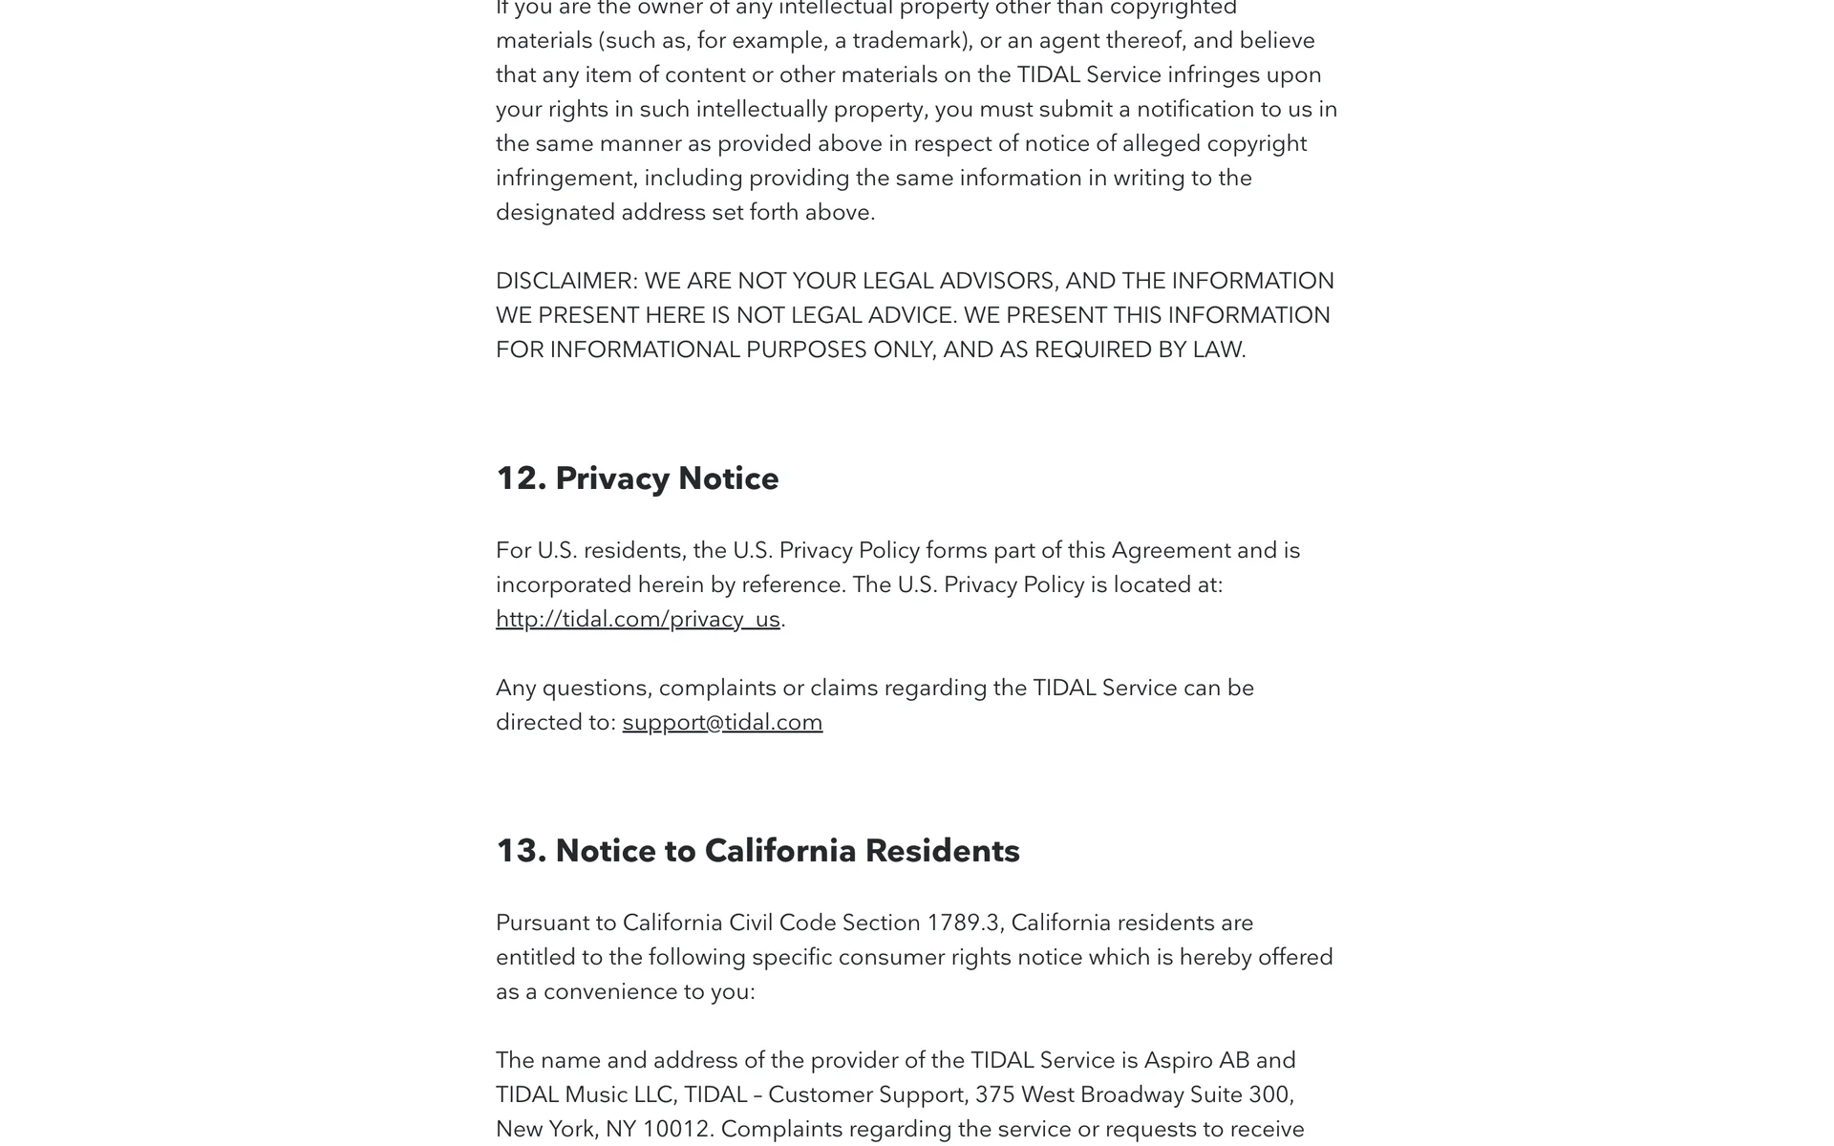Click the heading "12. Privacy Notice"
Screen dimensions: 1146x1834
pos(637,478)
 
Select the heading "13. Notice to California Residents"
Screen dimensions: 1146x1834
pos(757,851)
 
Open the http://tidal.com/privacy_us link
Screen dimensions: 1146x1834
pos(637,619)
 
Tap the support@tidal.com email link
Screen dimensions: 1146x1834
pos(722,722)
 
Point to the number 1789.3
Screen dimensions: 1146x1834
pos(962,923)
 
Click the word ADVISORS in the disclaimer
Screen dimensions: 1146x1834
pos(998,281)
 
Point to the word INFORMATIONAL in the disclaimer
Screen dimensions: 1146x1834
pos(645,350)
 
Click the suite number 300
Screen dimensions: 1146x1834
pos(1272,1094)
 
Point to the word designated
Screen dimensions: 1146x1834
pos(555,212)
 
